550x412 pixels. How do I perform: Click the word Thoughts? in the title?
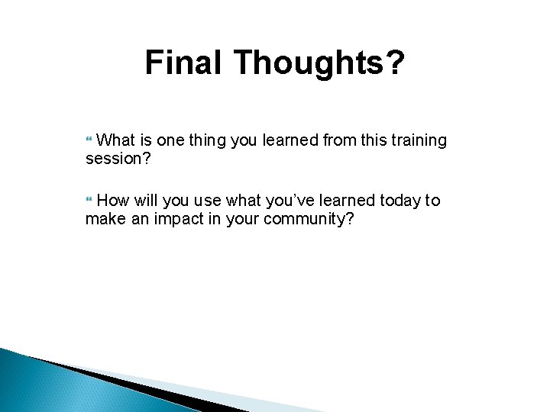click(321, 63)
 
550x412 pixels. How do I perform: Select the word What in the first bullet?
click(117, 140)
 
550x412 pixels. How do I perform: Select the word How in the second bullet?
click(114, 201)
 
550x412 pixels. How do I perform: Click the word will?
click(147, 201)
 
